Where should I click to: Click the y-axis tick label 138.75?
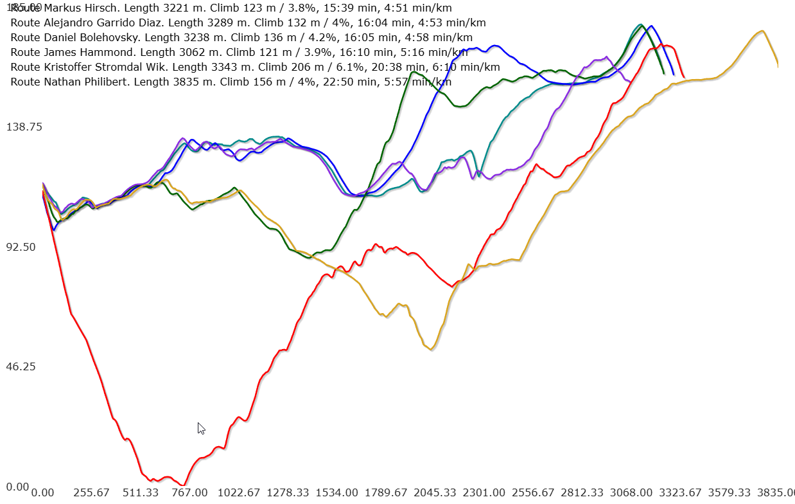(x=24, y=127)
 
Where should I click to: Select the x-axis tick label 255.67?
(x=91, y=493)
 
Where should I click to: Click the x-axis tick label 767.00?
(x=189, y=493)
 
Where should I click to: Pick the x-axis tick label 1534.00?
(x=337, y=493)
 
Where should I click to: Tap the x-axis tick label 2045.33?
(x=435, y=493)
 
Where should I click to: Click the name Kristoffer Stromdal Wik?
(x=105, y=67)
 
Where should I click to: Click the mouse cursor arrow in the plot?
(x=201, y=428)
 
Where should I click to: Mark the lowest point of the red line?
(x=184, y=485)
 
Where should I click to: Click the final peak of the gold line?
(x=762, y=31)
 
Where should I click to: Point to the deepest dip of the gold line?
(x=431, y=349)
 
